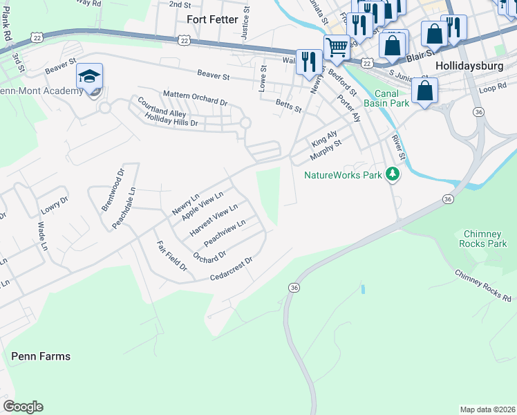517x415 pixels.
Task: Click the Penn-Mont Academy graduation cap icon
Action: (89, 76)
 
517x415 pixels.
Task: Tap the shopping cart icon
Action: (337, 47)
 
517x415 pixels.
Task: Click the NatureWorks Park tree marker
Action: (393, 174)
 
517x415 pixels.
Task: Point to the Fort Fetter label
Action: (212, 19)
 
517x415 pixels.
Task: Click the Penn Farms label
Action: (41, 356)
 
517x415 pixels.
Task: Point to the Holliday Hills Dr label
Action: (171, 119)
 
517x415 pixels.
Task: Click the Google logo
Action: (23, 407)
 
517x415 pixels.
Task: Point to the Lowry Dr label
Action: (55, 201)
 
